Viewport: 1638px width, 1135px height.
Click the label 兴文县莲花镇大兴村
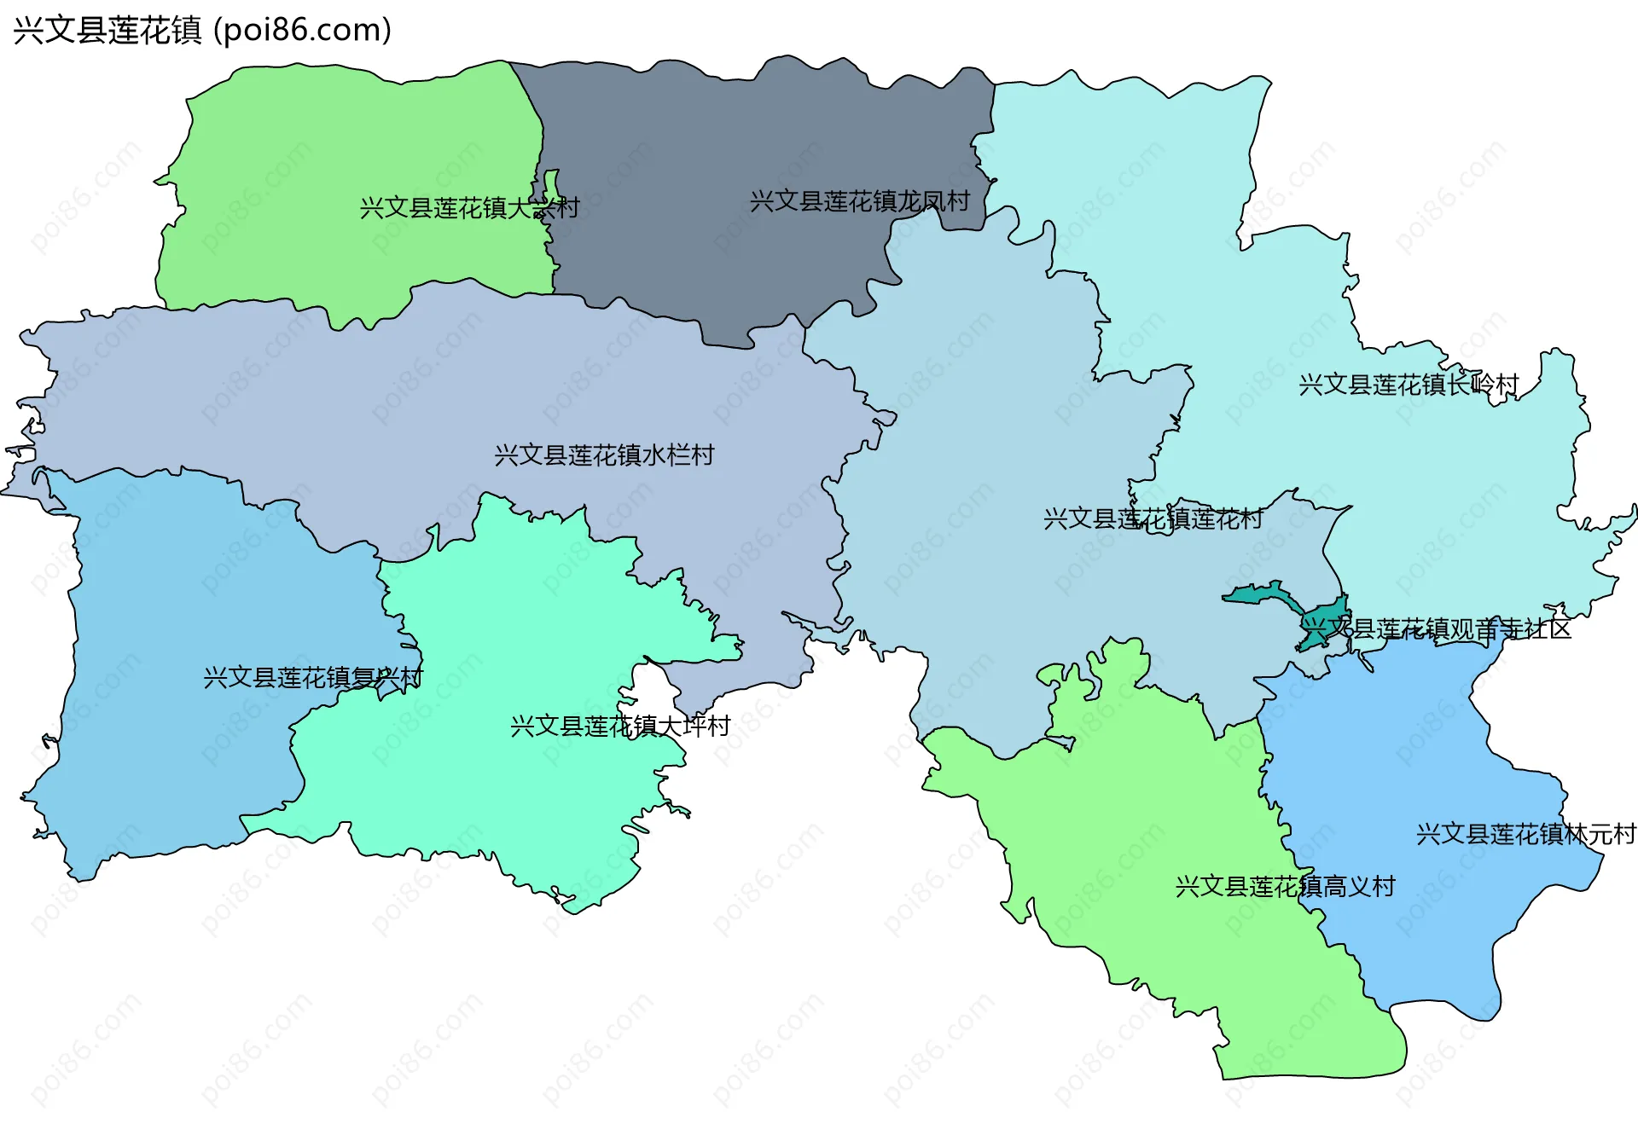click(469, 207)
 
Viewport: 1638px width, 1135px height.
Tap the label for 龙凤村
click(860, 201)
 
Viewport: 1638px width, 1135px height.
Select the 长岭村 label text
click(1409, 385)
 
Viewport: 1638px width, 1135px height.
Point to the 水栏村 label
click(604, 455)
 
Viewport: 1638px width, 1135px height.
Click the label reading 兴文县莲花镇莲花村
click(1153, 518)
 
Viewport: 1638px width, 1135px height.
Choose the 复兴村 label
click(313, 678)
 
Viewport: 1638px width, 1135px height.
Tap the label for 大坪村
click(620, 726)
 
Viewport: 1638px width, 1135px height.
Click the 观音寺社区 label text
click(1437, 629)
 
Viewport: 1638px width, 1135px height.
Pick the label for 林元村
click(1526, 834)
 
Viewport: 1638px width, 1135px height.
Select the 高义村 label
click(1285, 887)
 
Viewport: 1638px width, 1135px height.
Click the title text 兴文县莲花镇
click(107, 30)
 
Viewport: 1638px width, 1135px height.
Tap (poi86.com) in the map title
click(302, 30)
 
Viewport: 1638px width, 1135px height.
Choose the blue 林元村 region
click(1408, 767)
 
